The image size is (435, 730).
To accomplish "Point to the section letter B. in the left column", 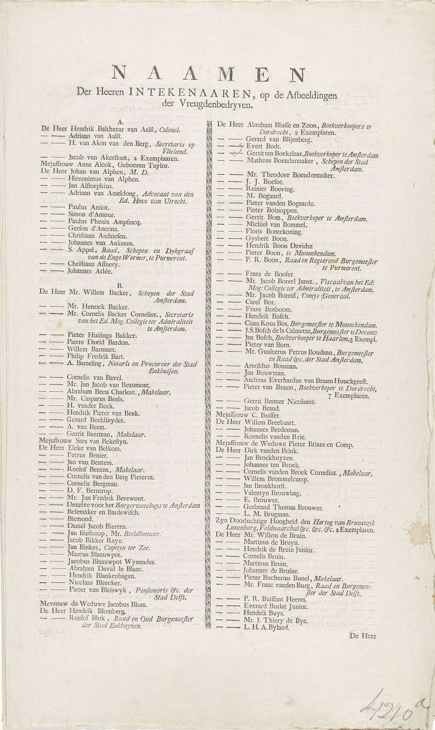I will pyautogui.click(x=119, y=285).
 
